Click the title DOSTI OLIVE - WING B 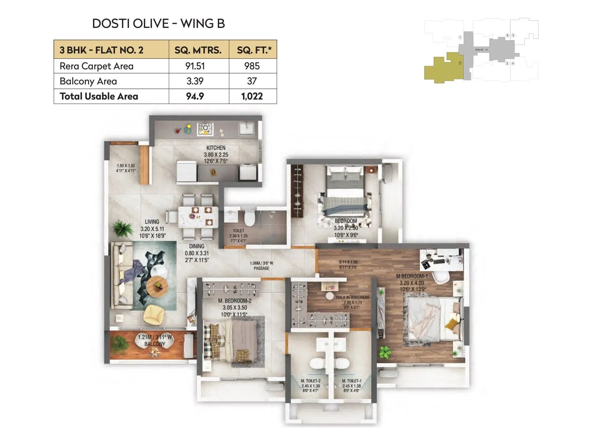pos(158,24)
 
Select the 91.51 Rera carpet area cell pos(195,66)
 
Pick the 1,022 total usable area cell pos(252,96)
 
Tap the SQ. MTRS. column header pos(198,50)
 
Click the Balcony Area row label pos(88,81)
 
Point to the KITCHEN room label pos(216,148)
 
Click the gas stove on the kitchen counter pos(205,129)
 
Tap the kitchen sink pos(246,129)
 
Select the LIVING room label pos(152,222)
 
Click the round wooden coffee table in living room pos(157,286)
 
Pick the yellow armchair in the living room pos(153,314)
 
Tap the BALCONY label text pos(155,344)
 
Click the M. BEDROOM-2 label pos(235,301)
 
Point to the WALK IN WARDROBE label pos(352,297)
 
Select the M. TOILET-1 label pos(351,381)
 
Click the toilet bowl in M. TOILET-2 pos(317,364)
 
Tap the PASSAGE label pos(261,268)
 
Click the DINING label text pos(196,246)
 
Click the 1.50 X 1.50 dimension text pos(126,166)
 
